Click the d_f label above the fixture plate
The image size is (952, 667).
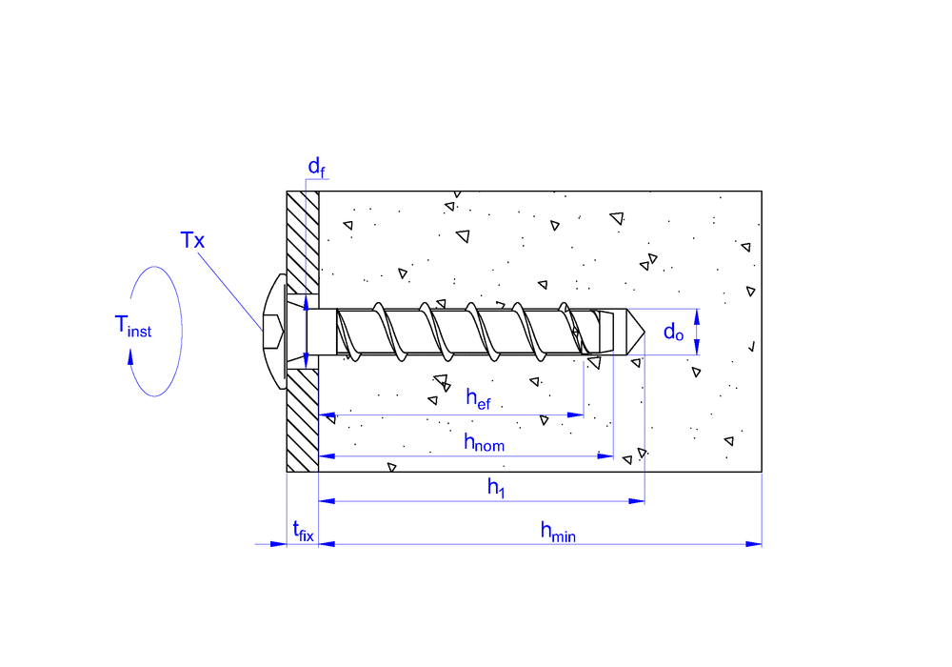click(317, 168)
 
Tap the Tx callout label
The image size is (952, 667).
click(193, 240)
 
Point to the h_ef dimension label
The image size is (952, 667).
click(478, 398)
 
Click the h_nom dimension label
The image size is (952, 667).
click(484, 441)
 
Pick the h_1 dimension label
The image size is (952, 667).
click(496, 488)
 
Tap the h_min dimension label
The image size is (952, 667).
click(558, 532)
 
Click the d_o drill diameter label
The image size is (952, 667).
click(673, 332)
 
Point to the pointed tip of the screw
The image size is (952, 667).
click(645, 332)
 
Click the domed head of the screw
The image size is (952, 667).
click(273, 331)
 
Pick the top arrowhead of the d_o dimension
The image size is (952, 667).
click(698, 314)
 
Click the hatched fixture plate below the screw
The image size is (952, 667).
click(302, 419)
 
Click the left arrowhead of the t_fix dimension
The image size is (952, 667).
click(279, 544)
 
